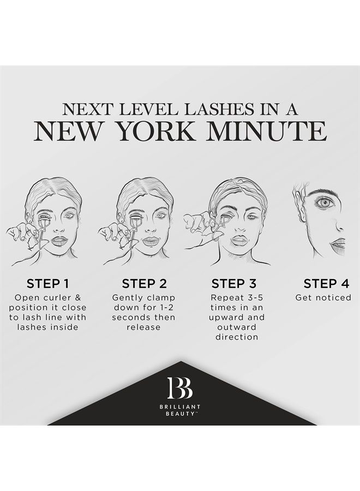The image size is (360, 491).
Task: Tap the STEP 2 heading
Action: click(143, 283)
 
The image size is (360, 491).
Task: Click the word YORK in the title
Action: click(163, 131)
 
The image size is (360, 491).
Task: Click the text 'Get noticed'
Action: click(323, 298)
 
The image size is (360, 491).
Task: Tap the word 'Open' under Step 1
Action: click(27, 298)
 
